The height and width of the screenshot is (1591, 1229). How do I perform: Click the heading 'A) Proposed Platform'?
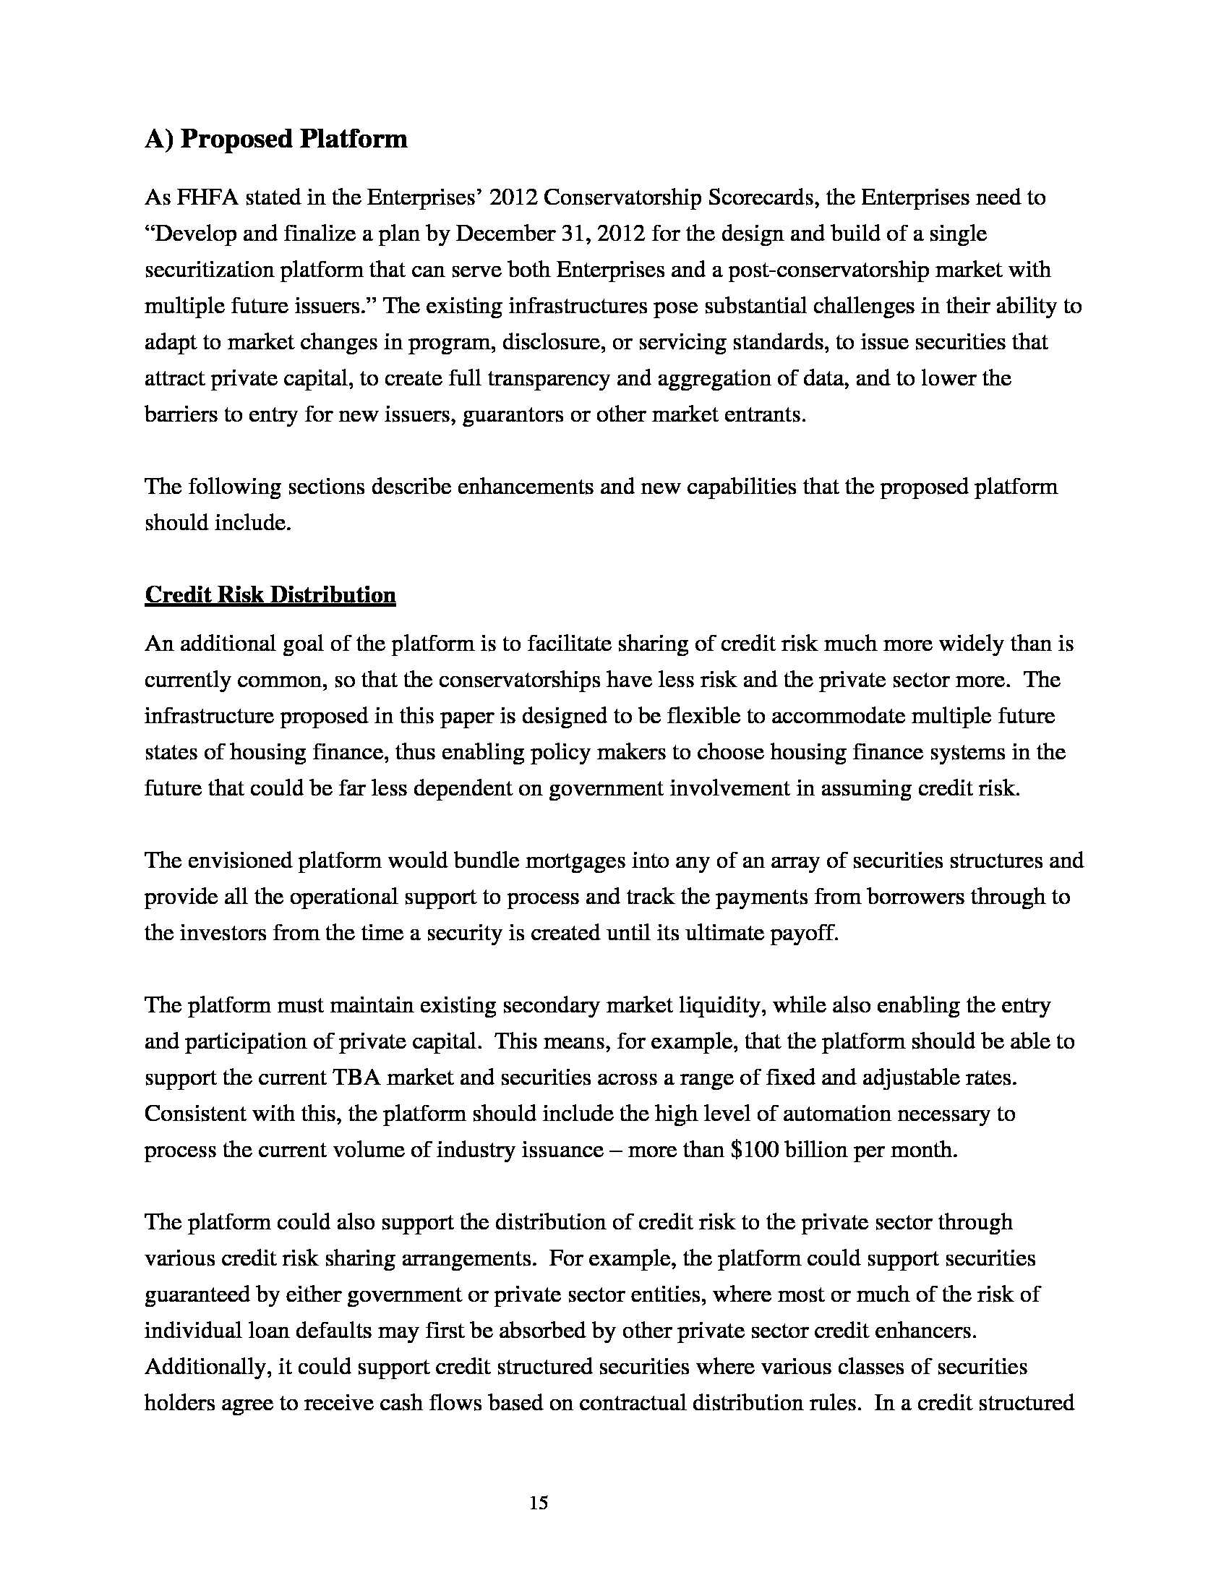276,138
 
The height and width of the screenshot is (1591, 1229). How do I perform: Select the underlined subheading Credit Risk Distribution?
270,595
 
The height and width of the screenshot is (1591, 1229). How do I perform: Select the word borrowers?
913,897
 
